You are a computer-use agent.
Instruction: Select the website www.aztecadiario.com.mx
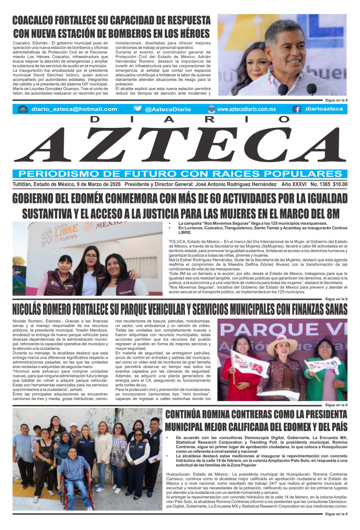246,109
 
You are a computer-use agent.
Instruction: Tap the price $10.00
340,184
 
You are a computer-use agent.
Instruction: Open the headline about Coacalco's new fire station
111,27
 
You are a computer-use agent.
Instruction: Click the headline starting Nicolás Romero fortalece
180,310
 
